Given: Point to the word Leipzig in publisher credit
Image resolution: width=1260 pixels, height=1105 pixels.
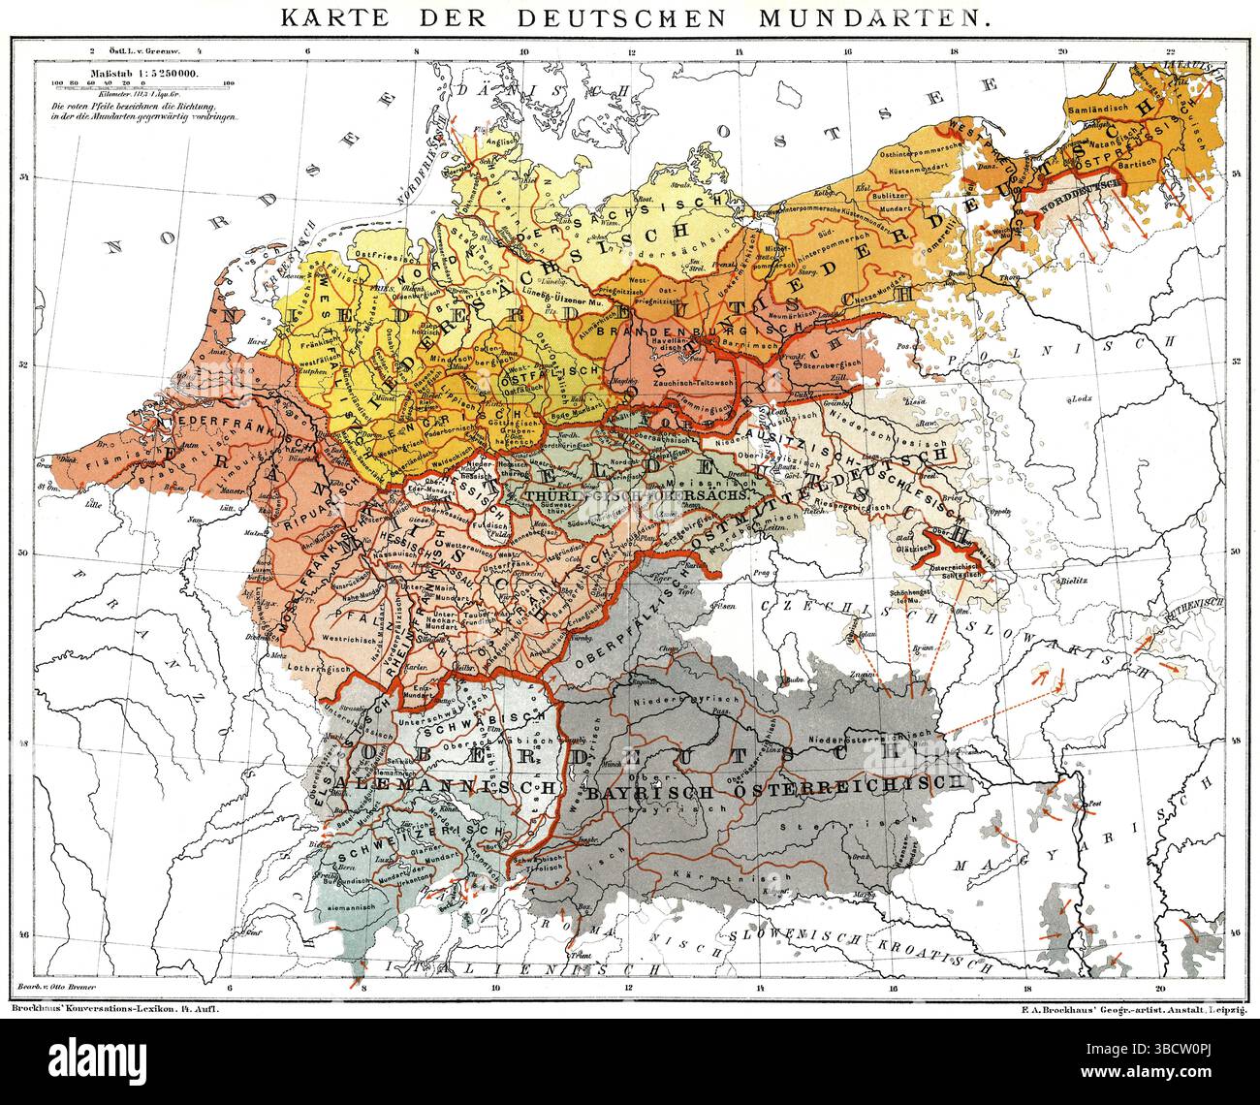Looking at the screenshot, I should click(1223, 1009).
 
